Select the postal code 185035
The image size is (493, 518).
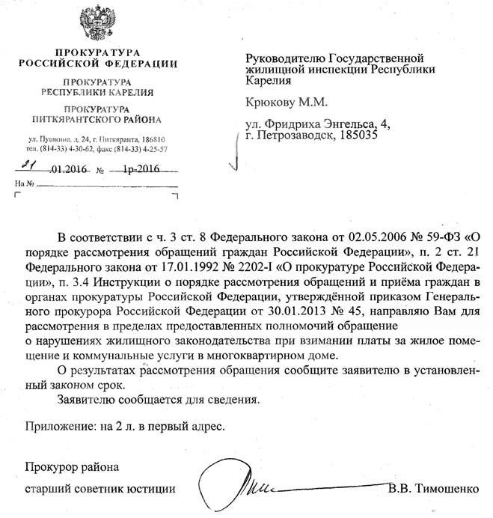[x=351, y=138]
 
